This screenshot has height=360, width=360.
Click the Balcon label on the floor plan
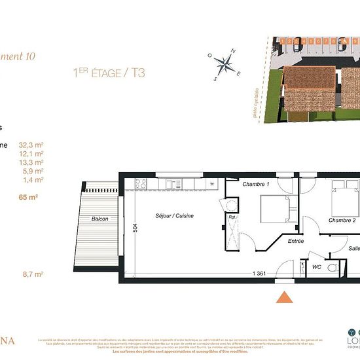[100, 219]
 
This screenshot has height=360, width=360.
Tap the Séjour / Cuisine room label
[174, 216]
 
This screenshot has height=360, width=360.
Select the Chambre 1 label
[256, 185]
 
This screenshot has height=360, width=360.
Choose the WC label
[317, 267]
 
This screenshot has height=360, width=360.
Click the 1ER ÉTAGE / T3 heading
[109, 72]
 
